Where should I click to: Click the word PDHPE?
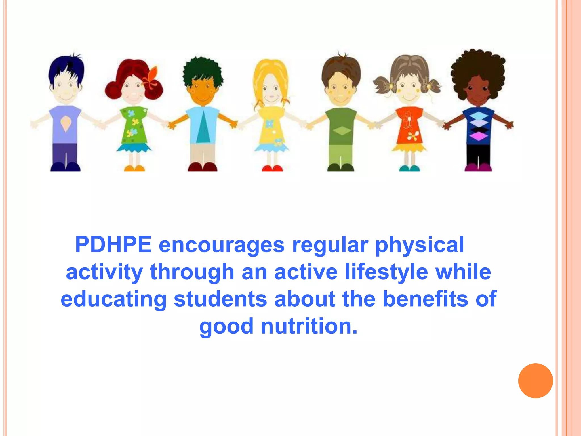click(113, 245)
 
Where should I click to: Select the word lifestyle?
click(386, 272)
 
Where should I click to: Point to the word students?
click(220, 299)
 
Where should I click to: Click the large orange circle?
click(535, 381)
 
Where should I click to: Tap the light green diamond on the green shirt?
click(342, 131)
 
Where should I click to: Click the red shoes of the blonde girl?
click(272, 169)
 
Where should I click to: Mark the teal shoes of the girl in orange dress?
click(409, 169)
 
